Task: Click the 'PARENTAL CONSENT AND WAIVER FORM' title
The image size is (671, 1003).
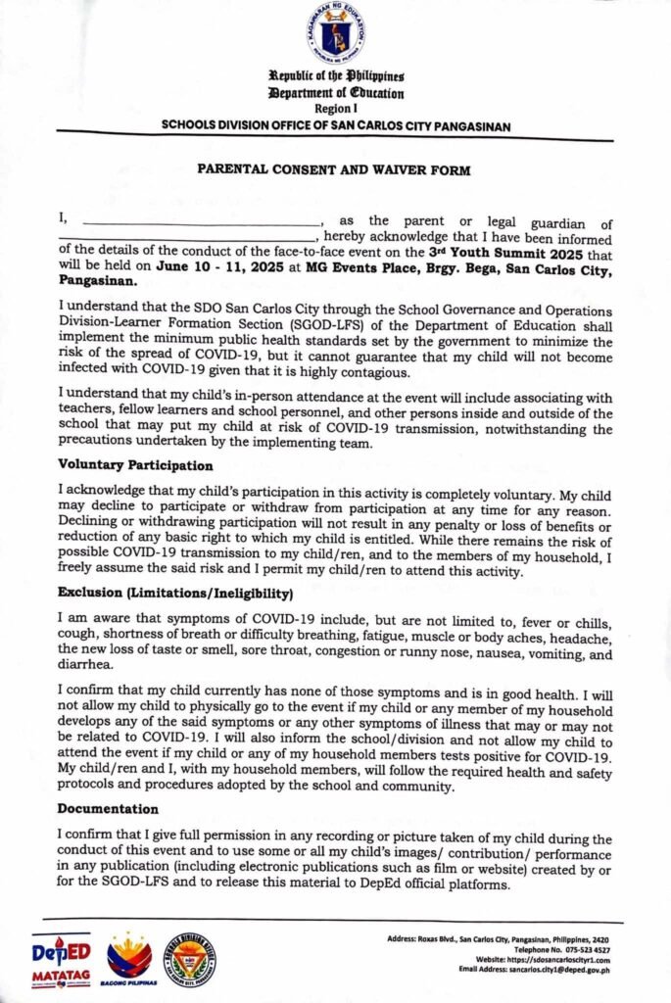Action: tap(335, 170)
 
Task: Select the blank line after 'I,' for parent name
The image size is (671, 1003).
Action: tap(202, 224)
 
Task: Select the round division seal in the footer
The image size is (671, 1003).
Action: tap(190, 958)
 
